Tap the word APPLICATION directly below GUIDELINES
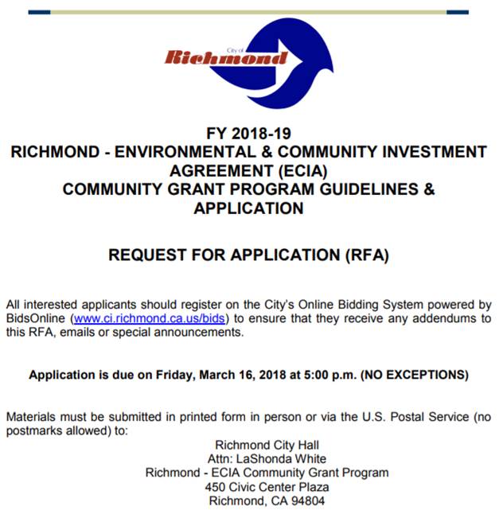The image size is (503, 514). tap(248, 209)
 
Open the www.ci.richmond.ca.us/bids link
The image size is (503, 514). tap(150, 318)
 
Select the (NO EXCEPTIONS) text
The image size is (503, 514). tap(415, 374)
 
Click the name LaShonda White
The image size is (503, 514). tap(279, 459)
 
